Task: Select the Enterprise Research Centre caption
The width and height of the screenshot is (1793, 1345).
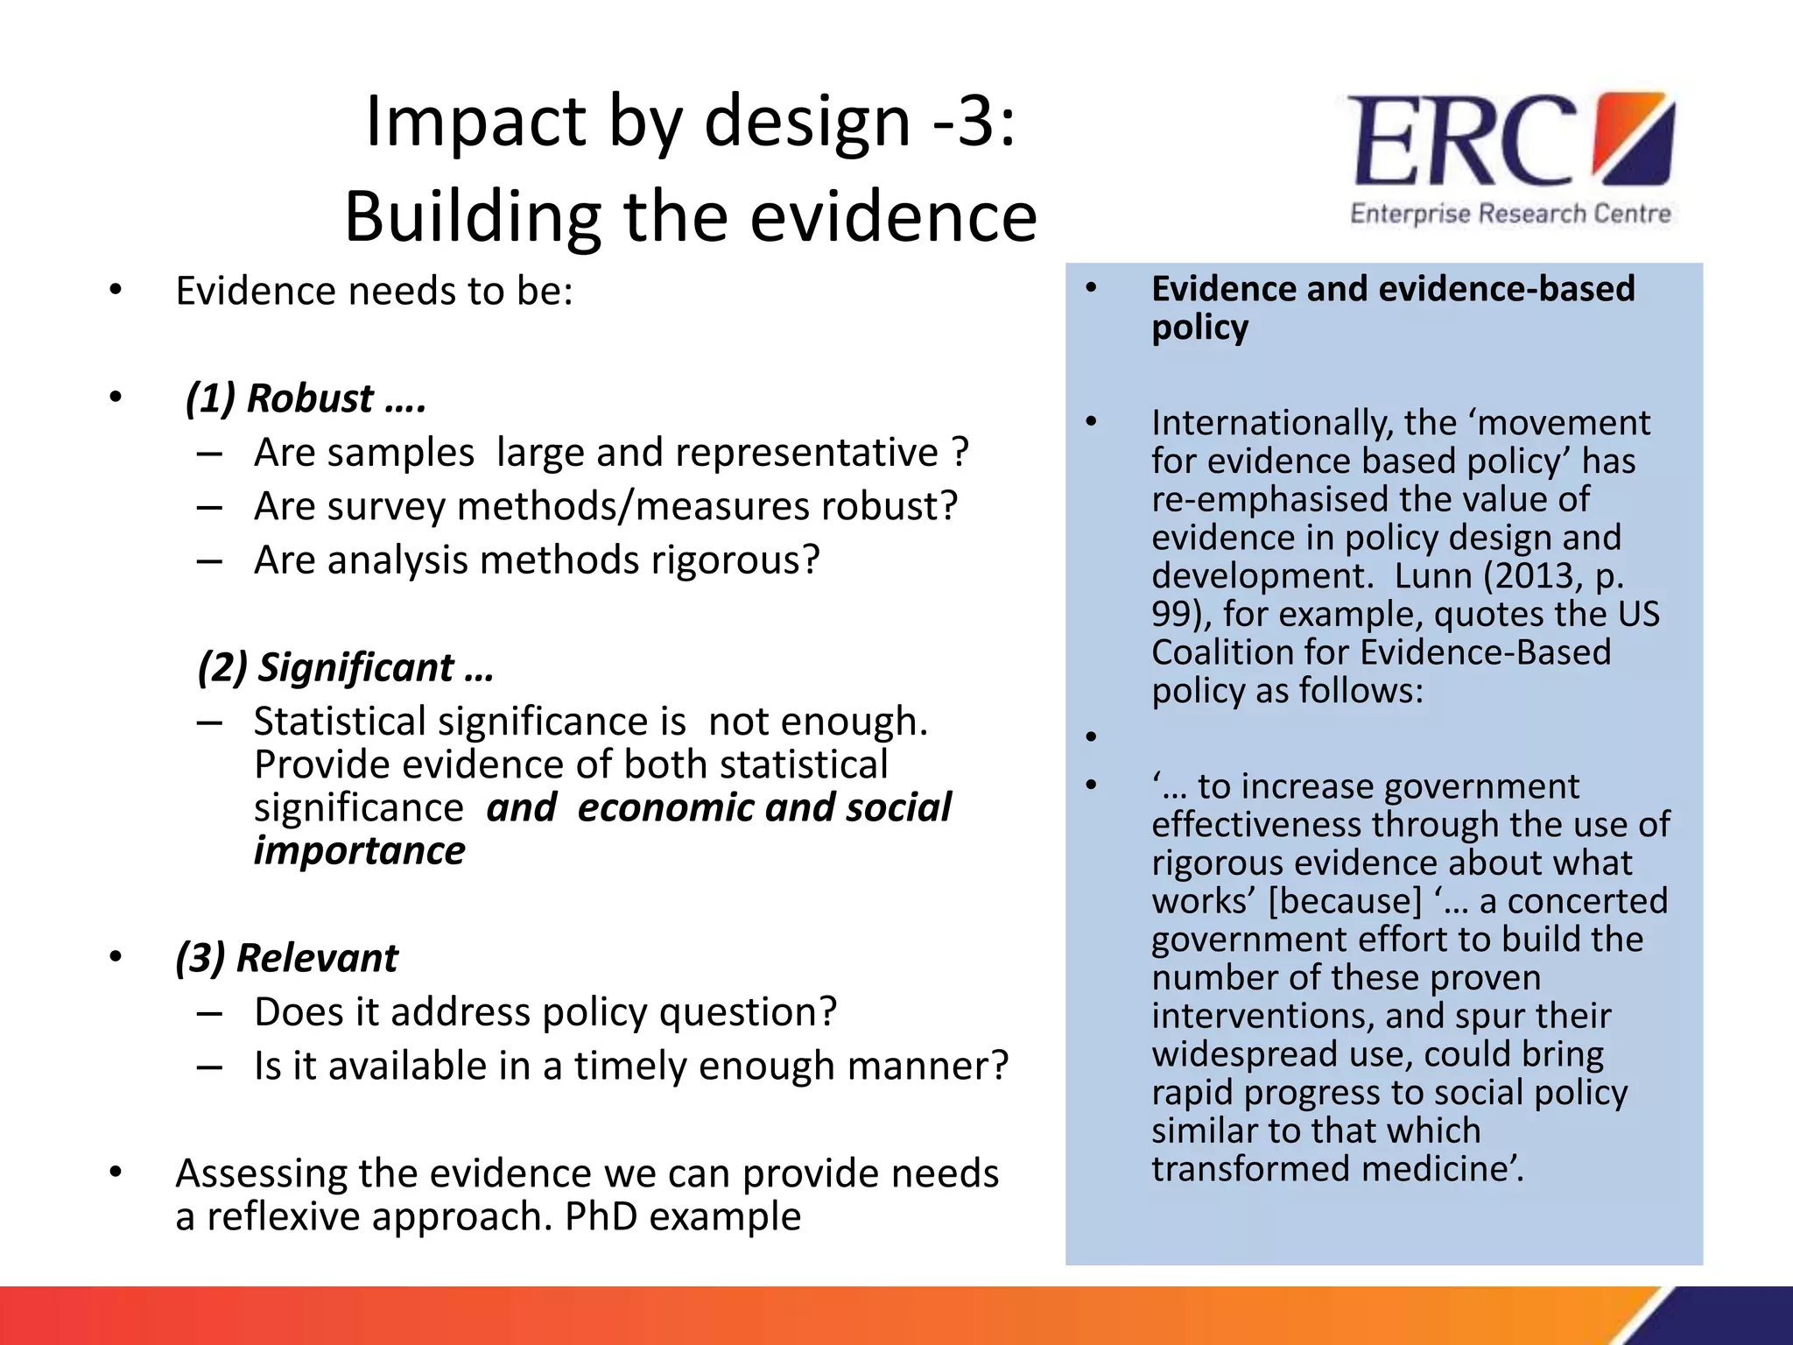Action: point(1510,214)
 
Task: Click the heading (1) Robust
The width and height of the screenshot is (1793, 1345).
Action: point(306,398)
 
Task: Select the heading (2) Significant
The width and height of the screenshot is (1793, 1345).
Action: point(346,667)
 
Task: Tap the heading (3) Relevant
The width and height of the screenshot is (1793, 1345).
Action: point(287,958)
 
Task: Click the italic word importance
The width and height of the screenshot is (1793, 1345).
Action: point(360,851)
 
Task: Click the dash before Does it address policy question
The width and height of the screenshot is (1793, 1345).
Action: point(209,1013)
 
